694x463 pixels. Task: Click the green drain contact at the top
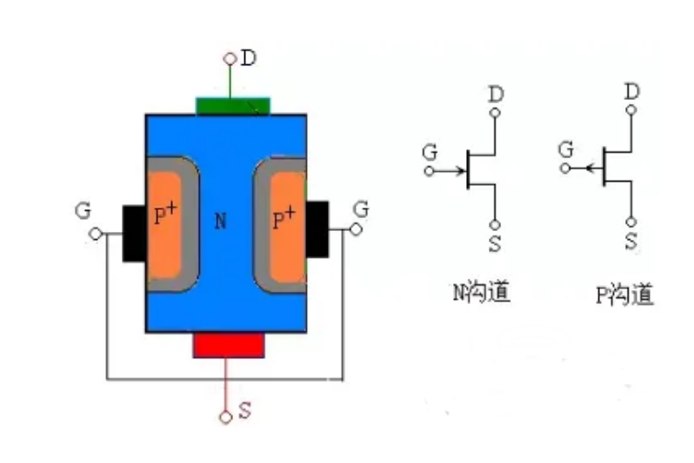233,106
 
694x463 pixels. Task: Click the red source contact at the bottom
228,345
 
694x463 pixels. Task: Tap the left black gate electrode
133,233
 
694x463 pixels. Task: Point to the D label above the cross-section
249,59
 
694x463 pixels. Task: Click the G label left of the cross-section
83,211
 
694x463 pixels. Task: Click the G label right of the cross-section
361,209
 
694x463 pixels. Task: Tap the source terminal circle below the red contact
226,417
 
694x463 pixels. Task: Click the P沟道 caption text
624,295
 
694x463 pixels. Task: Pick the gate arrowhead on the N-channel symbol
461,170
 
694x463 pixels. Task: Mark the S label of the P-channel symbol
632,241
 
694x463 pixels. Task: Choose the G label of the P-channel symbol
566,149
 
